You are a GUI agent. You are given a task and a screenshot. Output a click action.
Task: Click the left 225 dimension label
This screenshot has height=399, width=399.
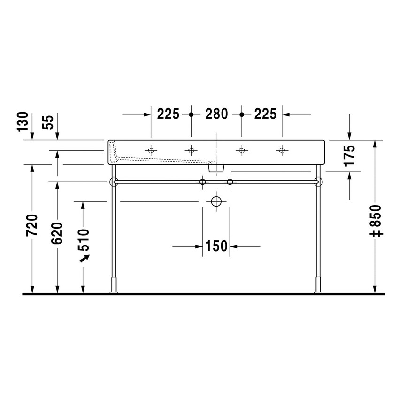click(x=169, y=114)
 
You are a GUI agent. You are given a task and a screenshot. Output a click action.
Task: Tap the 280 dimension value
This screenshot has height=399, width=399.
click(x=216, y=114)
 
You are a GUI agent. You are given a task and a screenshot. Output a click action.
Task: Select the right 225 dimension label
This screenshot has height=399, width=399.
click(x=265, y=114)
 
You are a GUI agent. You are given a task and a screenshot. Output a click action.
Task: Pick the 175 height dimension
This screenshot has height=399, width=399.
click(x=349, y=156)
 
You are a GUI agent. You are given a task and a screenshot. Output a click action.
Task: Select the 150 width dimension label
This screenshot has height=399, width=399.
click(x=216, y=246)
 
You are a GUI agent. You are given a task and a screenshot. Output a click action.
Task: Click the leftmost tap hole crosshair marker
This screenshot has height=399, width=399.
click(x=151, y=150)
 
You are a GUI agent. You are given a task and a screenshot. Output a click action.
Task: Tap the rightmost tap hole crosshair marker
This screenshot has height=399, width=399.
click(x=282, y=150)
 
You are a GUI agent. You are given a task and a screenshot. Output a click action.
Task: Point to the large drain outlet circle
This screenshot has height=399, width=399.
click(x=216, y=201)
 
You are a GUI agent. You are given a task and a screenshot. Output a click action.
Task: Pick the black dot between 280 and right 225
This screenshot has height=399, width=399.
click(x=242, y=114)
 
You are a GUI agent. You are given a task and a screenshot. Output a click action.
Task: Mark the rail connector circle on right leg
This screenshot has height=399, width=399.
click(x=319, y=181)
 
